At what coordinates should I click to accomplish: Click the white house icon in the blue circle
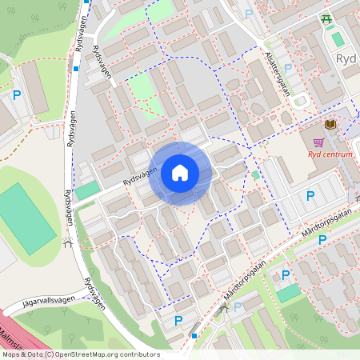coord(179,173)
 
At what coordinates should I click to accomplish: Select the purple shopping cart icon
coord(318,142)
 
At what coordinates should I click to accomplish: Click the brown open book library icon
coord(329,125)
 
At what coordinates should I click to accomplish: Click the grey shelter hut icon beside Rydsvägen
coord(69,244)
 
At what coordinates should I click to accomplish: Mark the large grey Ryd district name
coord(346,59)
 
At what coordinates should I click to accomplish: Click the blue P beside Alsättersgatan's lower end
coord(288,69)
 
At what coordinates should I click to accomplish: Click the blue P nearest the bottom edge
coord(178,322)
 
